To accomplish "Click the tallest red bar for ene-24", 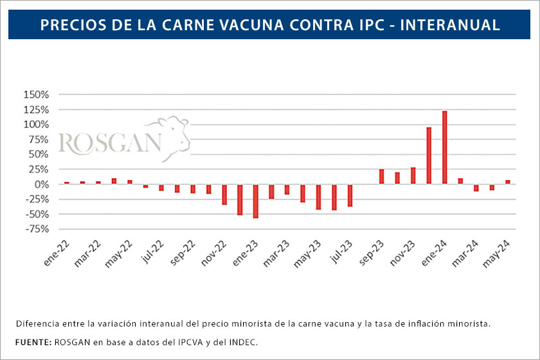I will [444, 147].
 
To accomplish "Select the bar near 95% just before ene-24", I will [429, 156].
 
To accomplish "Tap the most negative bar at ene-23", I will [256, 201].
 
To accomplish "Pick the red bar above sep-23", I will [381, 177].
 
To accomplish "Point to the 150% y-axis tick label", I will [35, 94].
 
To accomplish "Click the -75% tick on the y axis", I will [36, 229].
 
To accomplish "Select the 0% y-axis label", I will [41, 184].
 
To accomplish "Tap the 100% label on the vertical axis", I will [35, 125].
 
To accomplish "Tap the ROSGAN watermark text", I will [109, 143].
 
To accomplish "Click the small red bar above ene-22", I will [67, 183].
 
